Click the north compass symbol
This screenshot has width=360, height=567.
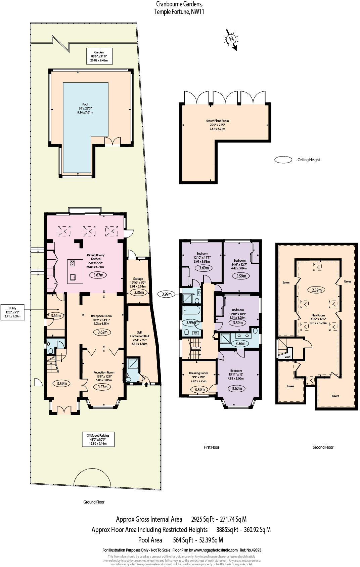coord(231,39)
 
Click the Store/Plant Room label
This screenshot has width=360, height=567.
coord(217,125)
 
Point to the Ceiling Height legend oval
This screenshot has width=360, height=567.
coord(283,160)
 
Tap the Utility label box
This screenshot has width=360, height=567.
coord(12,312)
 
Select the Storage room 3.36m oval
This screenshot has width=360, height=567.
coord(139,292)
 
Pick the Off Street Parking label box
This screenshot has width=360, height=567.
coord(99,439)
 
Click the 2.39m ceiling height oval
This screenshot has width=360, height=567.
coord(317,290)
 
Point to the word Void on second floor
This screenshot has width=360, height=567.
coord(287,357)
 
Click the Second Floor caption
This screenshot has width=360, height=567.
coord(323,447)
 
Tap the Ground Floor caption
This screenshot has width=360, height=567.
coord(94,502)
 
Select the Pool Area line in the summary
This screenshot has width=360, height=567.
coord(180,540)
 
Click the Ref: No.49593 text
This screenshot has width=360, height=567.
coord(251,550)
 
